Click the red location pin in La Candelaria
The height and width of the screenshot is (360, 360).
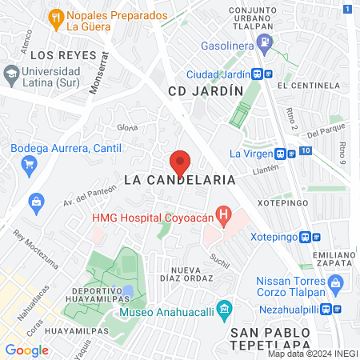[181, 162]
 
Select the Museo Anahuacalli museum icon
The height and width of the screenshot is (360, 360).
[225, 308]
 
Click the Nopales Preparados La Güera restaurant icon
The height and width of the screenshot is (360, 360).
[55, 17]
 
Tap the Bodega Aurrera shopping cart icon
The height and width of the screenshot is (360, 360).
[29, 164]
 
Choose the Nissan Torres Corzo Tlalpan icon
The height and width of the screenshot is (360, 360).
[337, 282]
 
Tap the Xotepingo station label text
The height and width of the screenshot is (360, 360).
[273, 238]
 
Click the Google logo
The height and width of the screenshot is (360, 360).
[27, 350]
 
